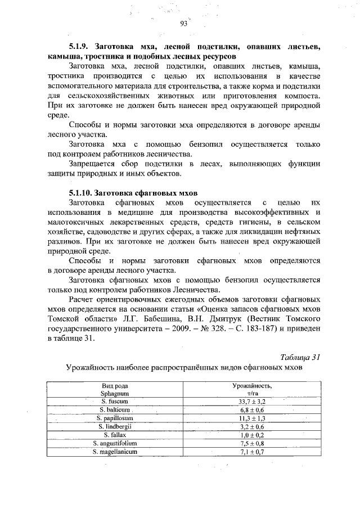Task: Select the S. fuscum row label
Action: [115, 402]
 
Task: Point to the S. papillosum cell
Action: [115, 418]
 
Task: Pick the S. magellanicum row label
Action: [115, 451]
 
